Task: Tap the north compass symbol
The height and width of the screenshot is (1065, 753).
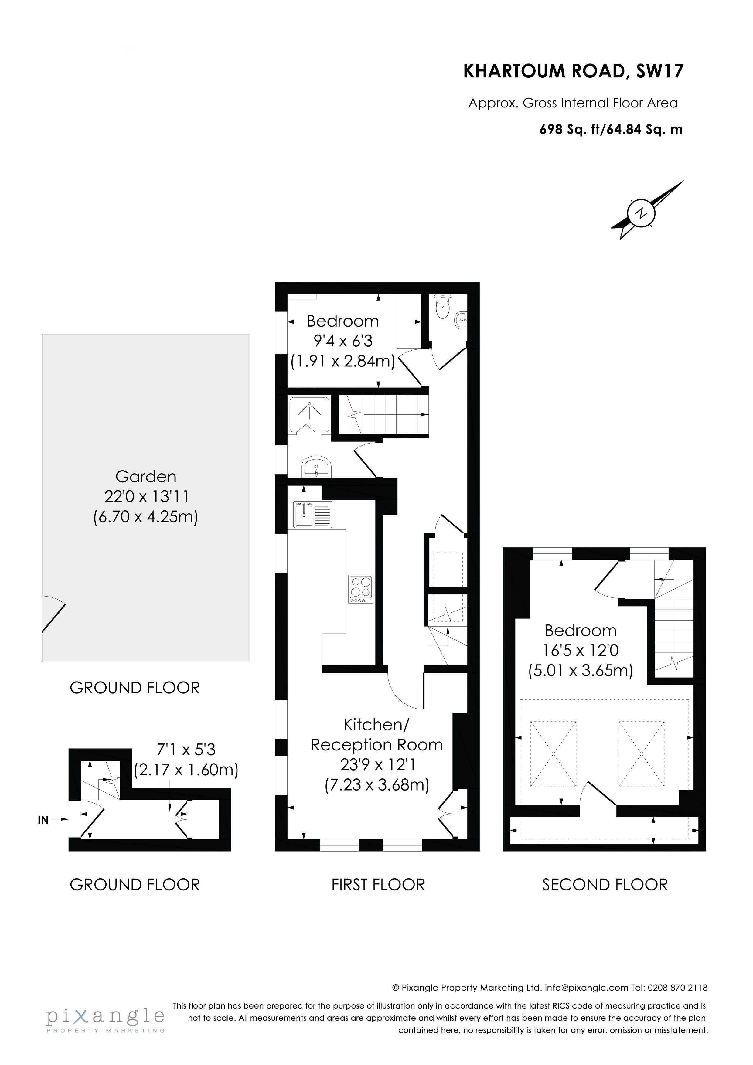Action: click(x=642, y=213)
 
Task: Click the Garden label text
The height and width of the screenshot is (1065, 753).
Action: click(x=146, y=476)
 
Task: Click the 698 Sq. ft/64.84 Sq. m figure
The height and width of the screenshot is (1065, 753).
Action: click(x=611, y=129)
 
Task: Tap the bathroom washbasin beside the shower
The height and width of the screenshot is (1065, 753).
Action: click(x=316, y=466)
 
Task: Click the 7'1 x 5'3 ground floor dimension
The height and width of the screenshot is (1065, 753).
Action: click(x=186, y=750)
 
